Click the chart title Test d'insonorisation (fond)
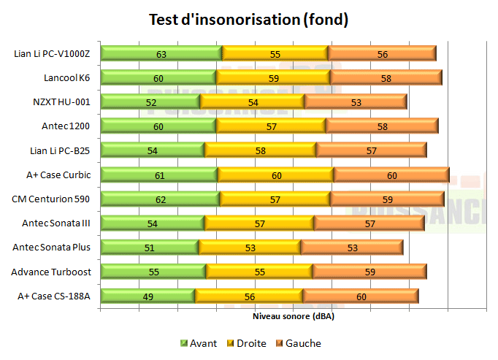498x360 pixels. (x=248, y=20)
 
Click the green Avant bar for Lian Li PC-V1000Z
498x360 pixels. (x=161, y=53)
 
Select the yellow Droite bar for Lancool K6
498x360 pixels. (x=273, y=77)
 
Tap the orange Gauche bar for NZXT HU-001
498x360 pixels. (x=356, y=102)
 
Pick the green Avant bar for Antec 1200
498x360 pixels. (x=158, y=126)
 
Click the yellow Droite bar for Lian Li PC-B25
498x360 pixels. (x=260, y=150)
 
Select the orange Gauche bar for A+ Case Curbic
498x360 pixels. (x=391, y=175)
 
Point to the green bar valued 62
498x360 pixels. (x=160, y=199)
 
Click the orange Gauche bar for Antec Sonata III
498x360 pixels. (x=369, y=223)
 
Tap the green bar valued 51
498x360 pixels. (x=150, y=248)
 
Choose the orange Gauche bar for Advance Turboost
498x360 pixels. (x=369, y=272)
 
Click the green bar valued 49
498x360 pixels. (x=148, y=296)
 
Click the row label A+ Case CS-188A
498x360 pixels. (x=54, y=296)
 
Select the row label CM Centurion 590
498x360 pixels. (x=51, y=199)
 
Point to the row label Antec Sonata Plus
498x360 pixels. (x=52, y=248)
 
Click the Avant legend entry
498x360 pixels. (x=199, y=343)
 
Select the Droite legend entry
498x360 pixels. (x=246, y=343)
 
